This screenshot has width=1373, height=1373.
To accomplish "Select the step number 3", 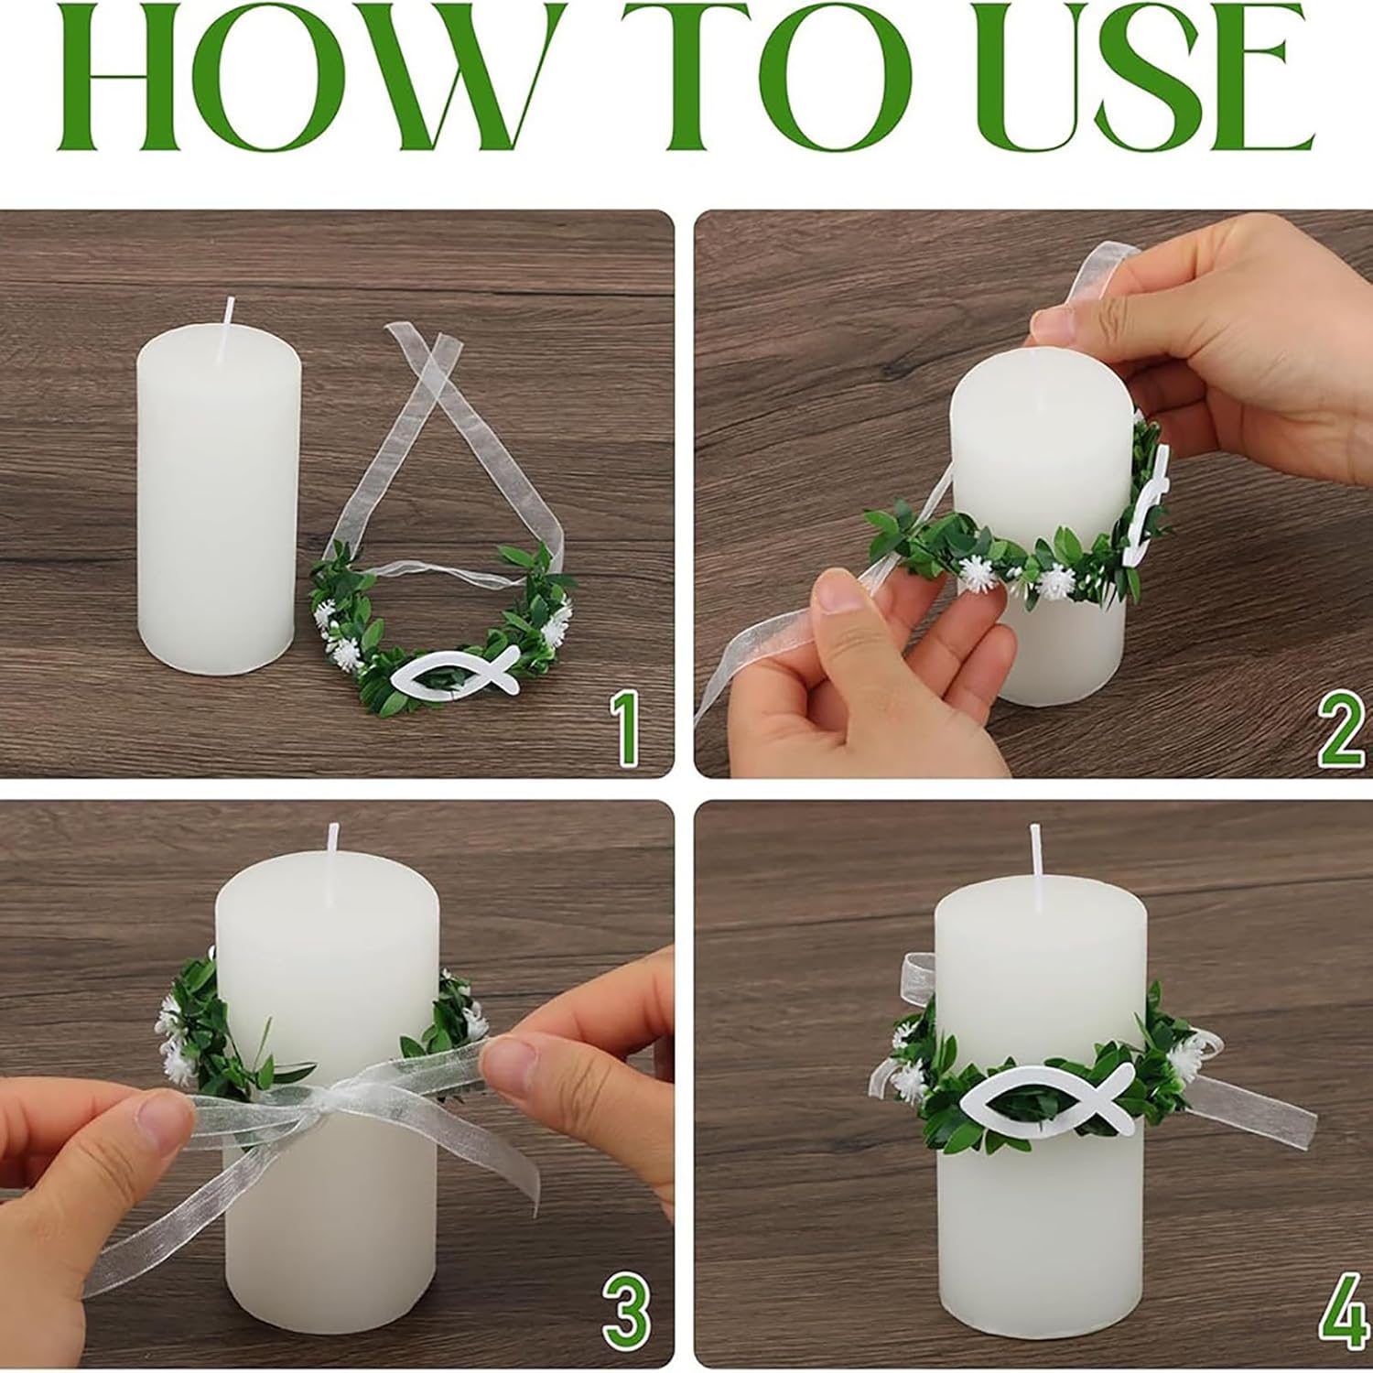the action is click(x=626, y=1315).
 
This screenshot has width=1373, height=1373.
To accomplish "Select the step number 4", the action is click(x=1342, y=1315).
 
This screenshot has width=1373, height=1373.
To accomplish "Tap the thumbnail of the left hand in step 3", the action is click(x=164, y=1118).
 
